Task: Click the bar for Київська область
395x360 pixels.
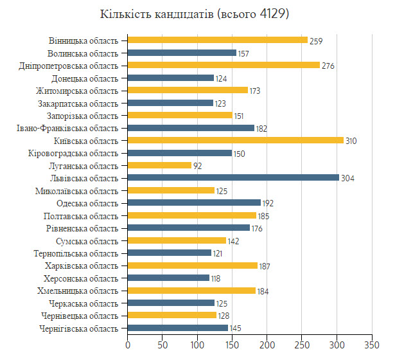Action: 236,140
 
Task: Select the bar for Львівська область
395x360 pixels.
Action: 233,177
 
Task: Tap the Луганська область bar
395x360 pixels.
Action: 159,165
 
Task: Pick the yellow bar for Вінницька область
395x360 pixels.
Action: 218,40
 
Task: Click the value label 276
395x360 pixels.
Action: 328,66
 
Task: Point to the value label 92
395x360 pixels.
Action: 198,166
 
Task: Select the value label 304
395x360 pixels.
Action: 347,179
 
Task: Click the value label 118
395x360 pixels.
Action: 216,278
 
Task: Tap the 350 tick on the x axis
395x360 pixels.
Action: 372,345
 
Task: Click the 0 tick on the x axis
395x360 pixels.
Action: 128,345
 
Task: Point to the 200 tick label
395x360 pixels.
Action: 267,345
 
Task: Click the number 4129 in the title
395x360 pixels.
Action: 272,14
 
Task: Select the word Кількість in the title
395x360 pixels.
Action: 125,14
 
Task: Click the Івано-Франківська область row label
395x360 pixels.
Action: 67,129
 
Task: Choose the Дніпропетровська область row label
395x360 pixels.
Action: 68,66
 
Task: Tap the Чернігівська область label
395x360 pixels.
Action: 78,328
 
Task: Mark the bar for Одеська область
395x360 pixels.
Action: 194,203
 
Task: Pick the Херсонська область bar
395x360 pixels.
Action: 168,278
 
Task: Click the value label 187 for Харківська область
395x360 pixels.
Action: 265,266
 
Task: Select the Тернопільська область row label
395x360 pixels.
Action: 76,254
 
